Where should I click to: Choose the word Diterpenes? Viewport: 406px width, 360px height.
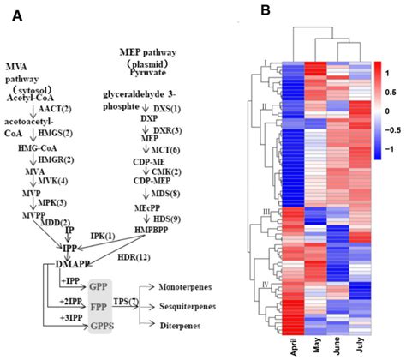[179, 325]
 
